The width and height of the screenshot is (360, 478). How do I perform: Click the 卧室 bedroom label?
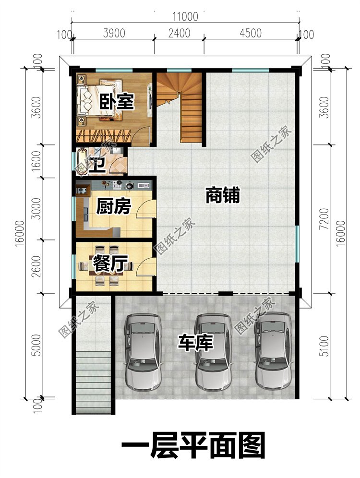[x=117, y=102]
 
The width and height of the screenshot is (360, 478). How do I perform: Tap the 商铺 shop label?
[x=223, y=195]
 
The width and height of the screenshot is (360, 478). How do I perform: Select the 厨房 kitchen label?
[x=113, y=206]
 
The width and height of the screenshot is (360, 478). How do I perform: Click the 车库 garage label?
[x=195, y=342]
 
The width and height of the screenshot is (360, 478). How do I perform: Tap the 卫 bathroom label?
[x=97, y=166]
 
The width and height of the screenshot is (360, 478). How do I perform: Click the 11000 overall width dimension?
[x=185, y=16]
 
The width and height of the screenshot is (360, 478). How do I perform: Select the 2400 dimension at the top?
[x=179, y=33]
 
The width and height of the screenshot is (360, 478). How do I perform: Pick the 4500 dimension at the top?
[x=251, y=33]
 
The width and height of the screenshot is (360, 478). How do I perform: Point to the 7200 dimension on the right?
[x=325, y=219]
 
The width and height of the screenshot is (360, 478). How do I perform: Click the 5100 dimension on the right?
[x=325, y=346]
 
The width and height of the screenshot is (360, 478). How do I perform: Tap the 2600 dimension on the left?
[x=36, y=266]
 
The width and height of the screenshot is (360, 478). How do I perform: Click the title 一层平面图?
[x=193, y=445]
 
